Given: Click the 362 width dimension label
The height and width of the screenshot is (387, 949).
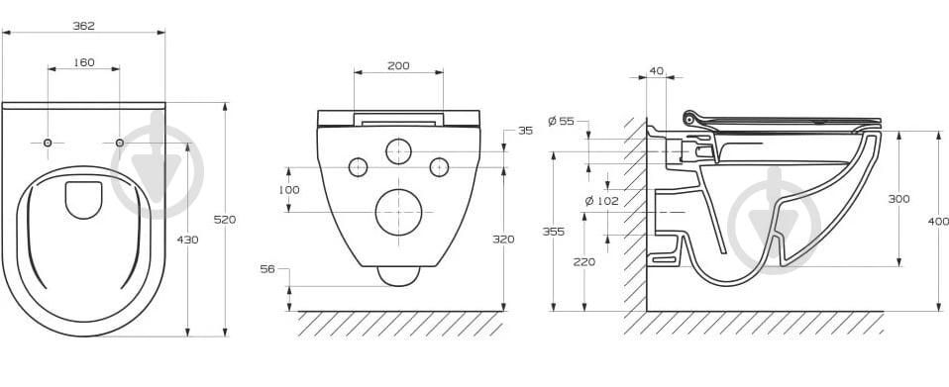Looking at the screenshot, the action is point(83,26).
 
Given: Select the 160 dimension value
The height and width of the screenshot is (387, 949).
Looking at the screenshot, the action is point(83,62).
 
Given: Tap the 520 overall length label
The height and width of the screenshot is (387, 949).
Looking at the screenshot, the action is point(225,220).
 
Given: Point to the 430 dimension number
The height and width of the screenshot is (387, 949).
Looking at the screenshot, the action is point(187,240).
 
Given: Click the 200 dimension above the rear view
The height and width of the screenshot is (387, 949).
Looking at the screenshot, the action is point(398,66).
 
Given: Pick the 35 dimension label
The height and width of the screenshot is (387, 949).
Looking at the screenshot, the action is point(525,131).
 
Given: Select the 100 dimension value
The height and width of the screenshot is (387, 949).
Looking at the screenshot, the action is point(288,190).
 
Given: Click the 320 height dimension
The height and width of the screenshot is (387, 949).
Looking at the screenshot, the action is point(503,240).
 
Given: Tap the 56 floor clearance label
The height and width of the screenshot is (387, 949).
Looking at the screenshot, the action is point(267,269).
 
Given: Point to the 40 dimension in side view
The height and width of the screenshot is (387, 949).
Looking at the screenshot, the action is point(656,71).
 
